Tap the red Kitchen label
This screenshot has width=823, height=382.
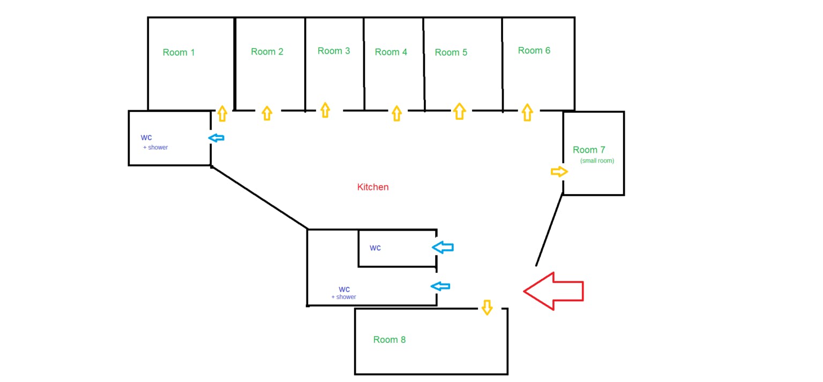(x=373, y=187)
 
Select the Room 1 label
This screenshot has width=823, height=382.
(x=179, y=52)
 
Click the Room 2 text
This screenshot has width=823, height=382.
(x=267, y=52)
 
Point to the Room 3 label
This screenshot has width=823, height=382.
(x=334, y=51)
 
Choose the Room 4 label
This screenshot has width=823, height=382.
(x=391, y=52)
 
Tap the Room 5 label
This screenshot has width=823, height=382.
(x=451, y=52)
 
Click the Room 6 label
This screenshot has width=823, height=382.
(x=534, y=50)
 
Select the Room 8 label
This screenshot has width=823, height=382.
(x=390, y=340)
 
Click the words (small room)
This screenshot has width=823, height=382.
(x=597, y=161)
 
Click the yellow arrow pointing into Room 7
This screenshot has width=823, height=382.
(x=559, y=172)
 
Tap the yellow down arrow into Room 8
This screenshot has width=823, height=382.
(x=487, y=308)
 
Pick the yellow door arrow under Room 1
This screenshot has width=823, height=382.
(x=222, y=113)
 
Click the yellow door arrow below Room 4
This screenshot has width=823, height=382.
(x=396, y=113)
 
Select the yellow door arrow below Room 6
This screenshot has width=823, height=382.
(x=527, y=112)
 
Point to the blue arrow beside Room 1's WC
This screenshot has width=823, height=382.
(x=216, y=138)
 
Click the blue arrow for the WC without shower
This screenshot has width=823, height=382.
(x=443, y=247)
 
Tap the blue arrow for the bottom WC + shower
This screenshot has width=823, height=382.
(x=441, y=286)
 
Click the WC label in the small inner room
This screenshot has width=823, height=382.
(x=375, y=248)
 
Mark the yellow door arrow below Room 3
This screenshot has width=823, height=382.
(x=325, y=110)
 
